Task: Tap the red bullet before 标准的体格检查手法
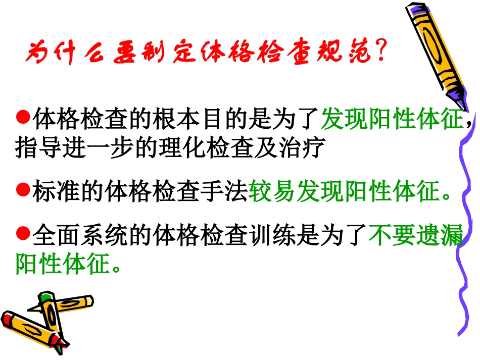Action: coord(22,190)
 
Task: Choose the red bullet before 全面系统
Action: coord(22,233)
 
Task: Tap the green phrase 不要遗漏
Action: coord(415,235)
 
